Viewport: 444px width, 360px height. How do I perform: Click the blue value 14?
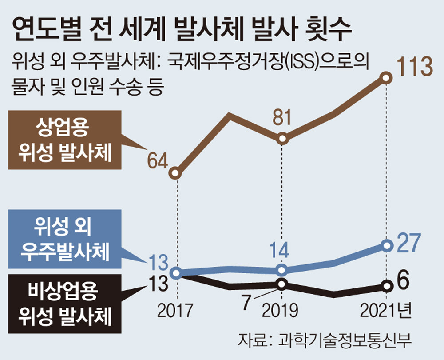(x=280, y=251)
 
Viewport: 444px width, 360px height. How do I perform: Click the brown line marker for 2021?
(x=387, y=78)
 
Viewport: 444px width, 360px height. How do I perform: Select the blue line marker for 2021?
(x=387, y=246)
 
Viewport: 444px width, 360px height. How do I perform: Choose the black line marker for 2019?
(x=281, y=284)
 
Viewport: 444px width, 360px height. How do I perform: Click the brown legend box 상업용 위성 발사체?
(x=64, y=140)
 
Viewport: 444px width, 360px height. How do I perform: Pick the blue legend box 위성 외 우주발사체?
(x=64, y=239)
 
